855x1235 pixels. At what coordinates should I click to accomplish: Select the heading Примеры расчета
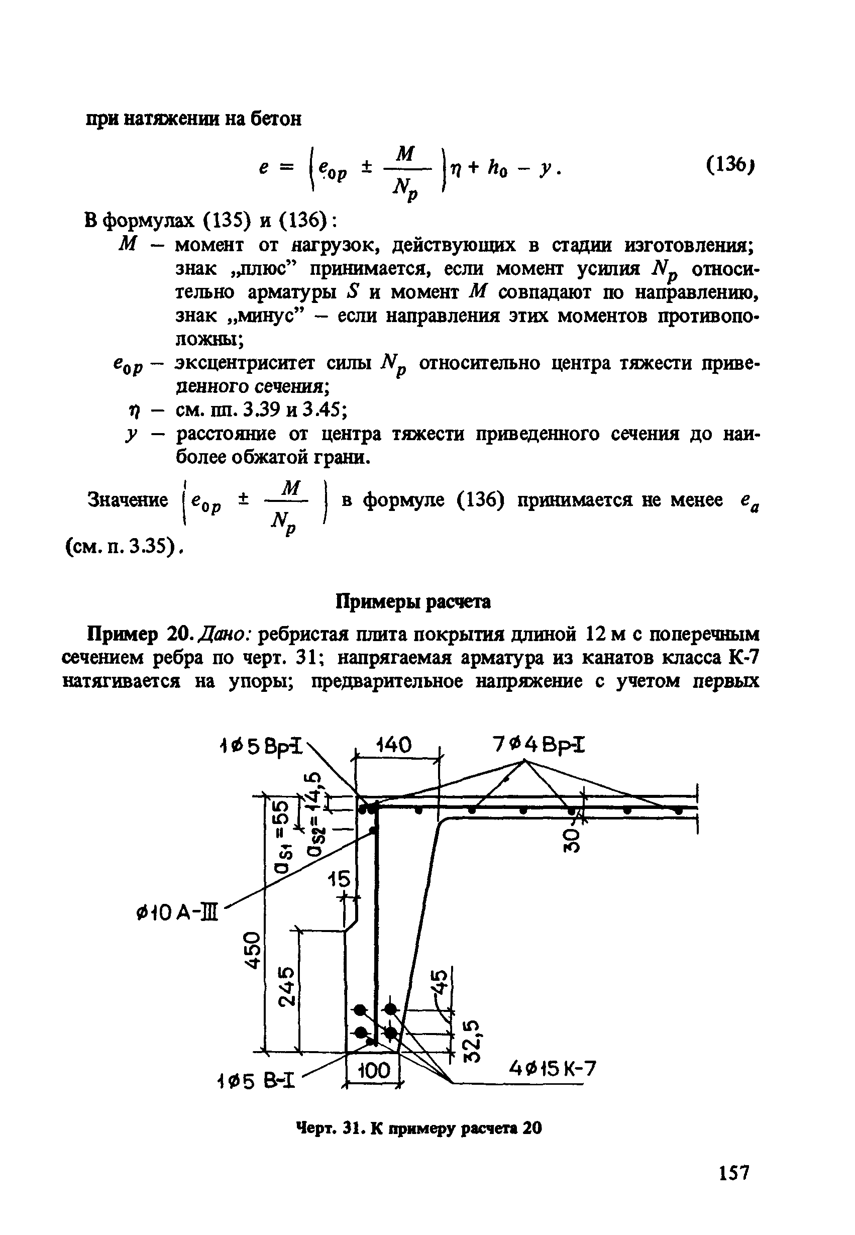click(412, 602)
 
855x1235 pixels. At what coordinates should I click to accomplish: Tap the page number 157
click(733, 1173)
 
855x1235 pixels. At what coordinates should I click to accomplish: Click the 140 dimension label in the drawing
click(394, 745)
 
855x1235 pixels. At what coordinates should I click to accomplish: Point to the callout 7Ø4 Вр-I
click(539, 745)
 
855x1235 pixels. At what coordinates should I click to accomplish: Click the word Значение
click(127, 500)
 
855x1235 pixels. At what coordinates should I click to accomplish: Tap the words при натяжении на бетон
click(194, 119)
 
